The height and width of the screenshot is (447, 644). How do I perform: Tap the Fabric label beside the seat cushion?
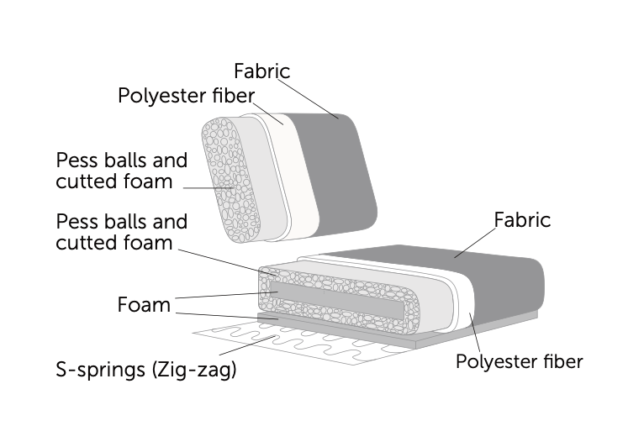(x=521, y=220)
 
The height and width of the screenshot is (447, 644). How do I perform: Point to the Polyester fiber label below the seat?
(x=519, y=362)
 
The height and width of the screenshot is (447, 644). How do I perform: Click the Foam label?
(x=143, y=304)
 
